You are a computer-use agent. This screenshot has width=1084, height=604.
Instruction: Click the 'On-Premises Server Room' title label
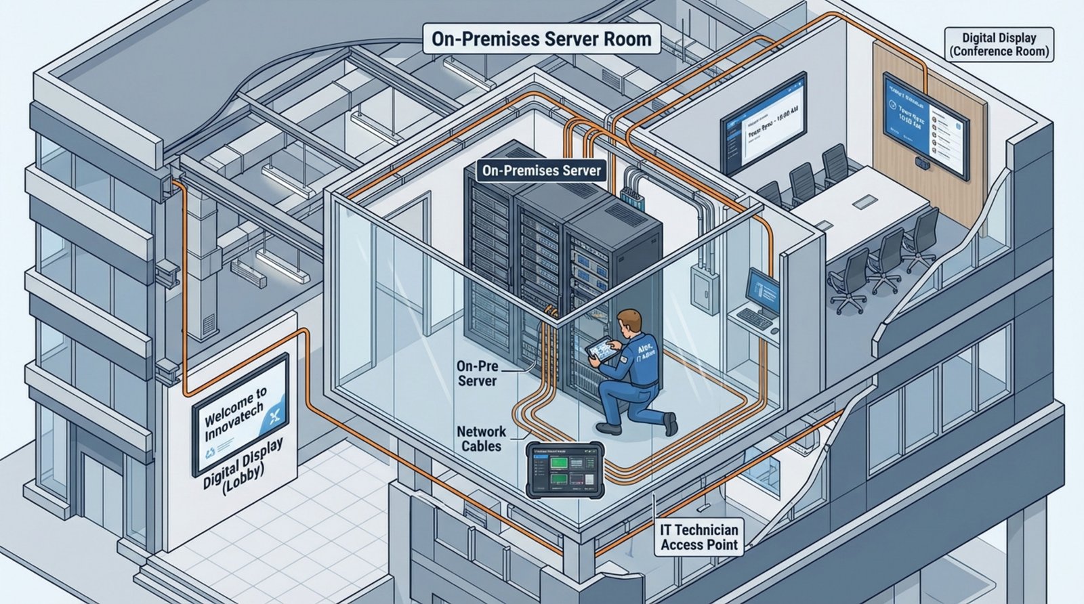542,39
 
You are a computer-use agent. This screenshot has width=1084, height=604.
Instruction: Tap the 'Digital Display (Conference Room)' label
1000,45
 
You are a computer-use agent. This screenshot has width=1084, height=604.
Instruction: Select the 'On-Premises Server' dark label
541,171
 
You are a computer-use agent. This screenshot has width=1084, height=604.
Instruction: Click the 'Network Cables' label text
481,439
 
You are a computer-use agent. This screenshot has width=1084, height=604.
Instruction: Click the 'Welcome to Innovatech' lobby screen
241,414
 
